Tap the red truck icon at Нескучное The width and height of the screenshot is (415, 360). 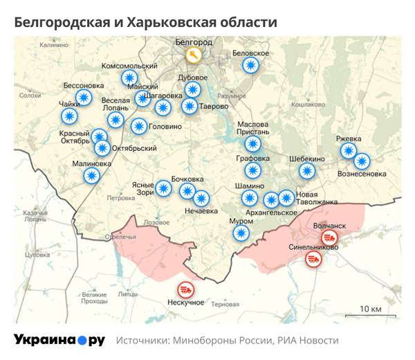(186, 289)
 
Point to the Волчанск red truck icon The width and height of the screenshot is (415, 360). (329, 237)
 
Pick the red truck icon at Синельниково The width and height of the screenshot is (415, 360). (313, 259)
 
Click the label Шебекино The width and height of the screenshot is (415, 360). (307, 159)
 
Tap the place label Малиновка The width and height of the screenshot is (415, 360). (91, 164)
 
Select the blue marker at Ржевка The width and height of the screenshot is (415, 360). (348, 150)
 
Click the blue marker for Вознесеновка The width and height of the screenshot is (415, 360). (362, 161)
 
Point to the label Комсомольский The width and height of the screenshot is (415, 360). (129, 66)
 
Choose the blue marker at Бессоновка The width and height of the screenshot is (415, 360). (84, 98)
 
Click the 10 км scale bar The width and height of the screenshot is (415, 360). (371, 315)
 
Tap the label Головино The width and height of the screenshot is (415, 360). (166, 127)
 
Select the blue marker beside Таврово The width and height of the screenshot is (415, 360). (189, 106)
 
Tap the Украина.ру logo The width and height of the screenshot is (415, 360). (59, 340)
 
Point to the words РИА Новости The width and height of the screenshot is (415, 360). (308, 341)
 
